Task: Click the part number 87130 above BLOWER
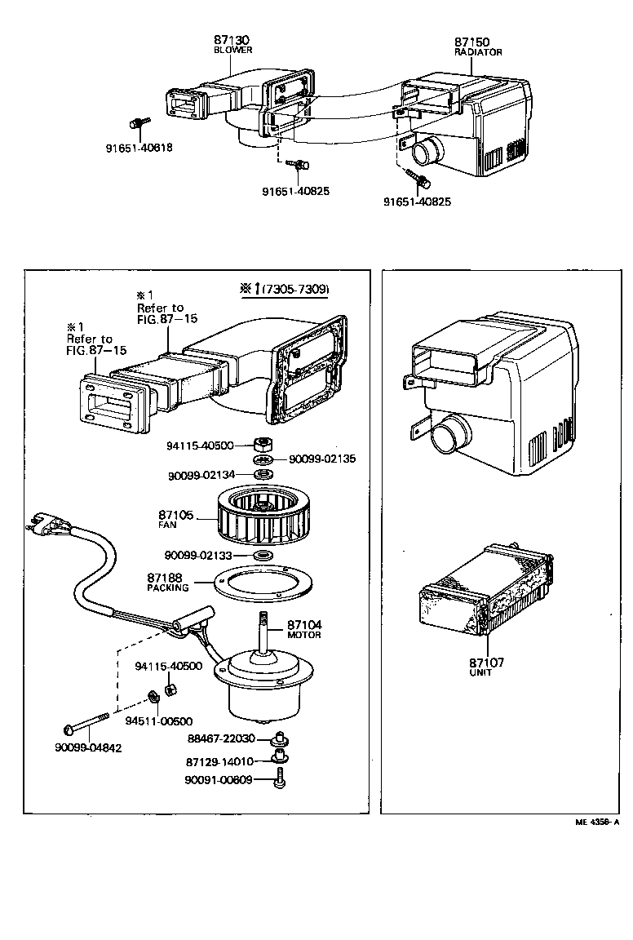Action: (x=232, y=39)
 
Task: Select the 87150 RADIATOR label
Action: (x=478, y=42)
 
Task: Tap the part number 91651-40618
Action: (x=139, y=149)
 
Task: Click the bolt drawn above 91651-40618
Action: (x=135, y=124)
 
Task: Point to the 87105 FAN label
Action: (x=175, y=519)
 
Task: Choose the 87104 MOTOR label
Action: (x=304, y=629)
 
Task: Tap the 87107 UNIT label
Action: (x=487, y=667)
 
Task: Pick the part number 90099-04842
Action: (x=89, y=747)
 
